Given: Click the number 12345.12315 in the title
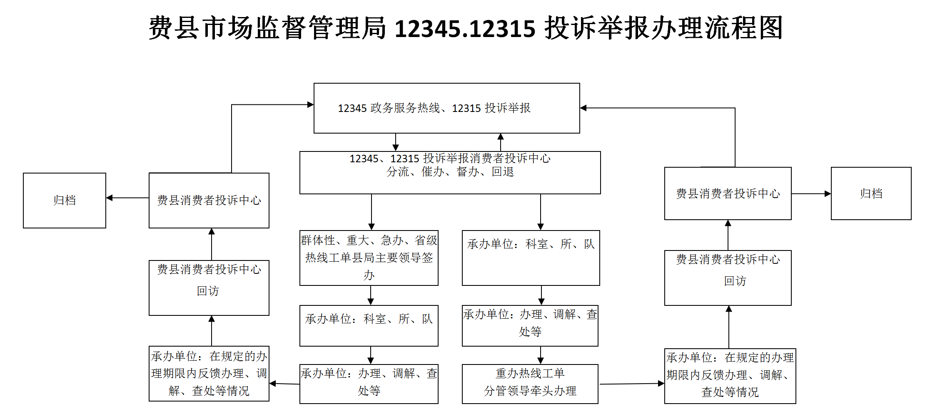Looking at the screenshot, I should (465, 28).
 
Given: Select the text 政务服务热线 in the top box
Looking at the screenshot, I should (405, 108).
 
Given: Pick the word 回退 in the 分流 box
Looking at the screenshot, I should (503, 172).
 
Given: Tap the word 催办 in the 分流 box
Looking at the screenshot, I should (433, 172).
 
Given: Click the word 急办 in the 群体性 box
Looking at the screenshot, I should (392, 240).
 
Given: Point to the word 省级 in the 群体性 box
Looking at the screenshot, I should (426, 240).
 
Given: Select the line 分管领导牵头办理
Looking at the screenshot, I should (530, 391).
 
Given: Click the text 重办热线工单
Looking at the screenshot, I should (530, 373).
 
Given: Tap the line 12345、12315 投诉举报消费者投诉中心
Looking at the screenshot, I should (450, 159).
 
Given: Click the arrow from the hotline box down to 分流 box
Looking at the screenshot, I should (396, 142).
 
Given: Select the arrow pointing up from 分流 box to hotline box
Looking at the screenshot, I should (501, 142).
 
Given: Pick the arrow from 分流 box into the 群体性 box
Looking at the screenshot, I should (372, 212).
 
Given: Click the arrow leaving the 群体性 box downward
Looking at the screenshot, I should (371, 295).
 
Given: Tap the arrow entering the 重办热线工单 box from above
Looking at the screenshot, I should (541, 356).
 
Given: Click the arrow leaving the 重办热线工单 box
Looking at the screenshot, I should (631, 384).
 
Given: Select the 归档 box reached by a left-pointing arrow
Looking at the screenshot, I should (65, 201).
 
